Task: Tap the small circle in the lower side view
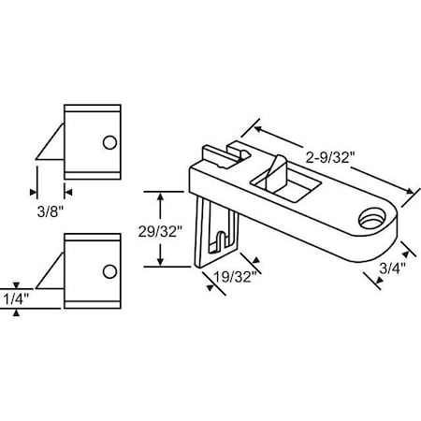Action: point(110,271)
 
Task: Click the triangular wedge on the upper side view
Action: point(51,146)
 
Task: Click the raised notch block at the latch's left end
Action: point(223,153)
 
